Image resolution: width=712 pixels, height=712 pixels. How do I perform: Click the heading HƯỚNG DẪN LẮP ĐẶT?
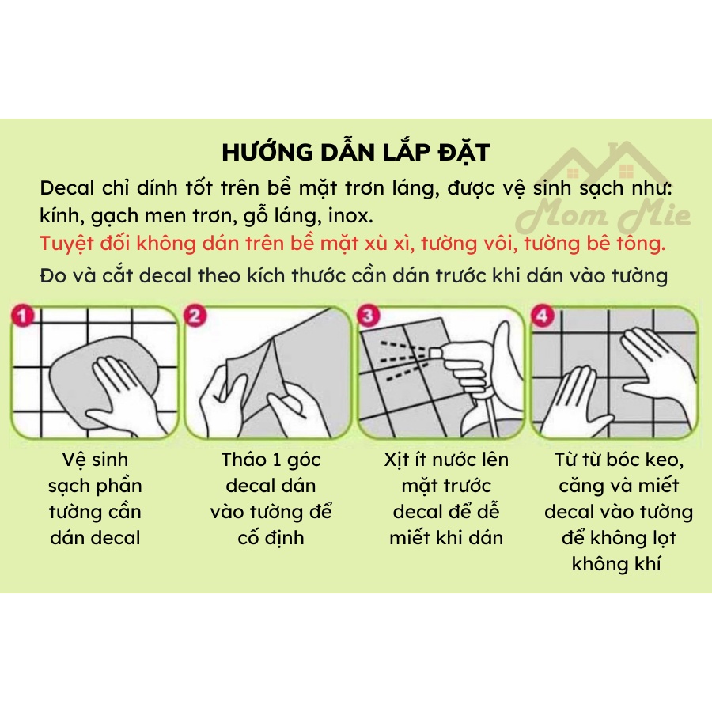pos(355,153)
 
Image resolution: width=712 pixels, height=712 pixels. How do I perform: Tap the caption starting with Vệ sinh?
pos(95,498)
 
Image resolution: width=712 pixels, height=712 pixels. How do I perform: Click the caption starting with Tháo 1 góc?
pos(271,498)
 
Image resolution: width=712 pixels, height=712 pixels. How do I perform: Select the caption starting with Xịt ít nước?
pos(446,498)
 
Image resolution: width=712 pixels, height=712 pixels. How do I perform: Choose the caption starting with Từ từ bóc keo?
pos(618,511)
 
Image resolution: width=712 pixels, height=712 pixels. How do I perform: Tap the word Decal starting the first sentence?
pos(66,188)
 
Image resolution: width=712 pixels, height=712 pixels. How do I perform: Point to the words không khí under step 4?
pos(616,563)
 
